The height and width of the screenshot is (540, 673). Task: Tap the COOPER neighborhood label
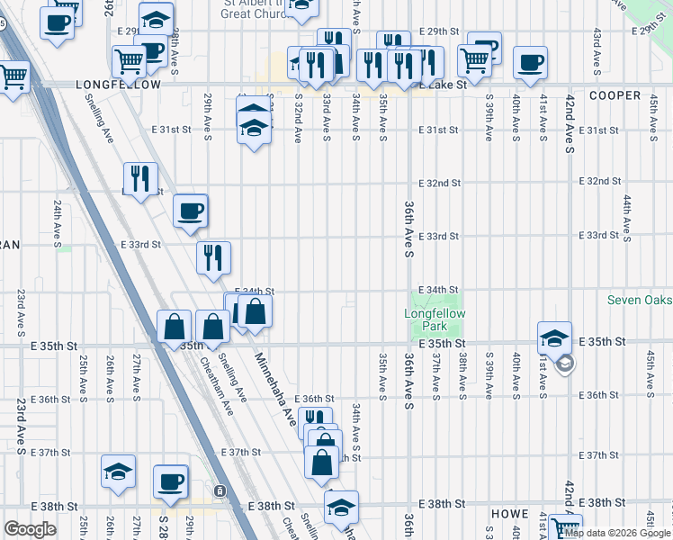point(615,95)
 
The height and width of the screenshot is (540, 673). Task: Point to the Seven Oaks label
point(639,300)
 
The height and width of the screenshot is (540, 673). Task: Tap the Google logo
point(30,530)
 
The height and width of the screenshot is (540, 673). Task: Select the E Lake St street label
point(441,85)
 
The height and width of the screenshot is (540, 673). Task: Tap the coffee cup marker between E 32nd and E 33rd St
point(191,211)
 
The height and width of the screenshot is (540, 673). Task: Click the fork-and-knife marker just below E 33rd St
point(213,258)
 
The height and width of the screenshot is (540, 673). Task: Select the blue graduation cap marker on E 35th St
point(554,338)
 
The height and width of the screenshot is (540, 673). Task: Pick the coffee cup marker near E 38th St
point(170,481)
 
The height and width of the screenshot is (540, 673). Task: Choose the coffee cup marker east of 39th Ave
point(530,63)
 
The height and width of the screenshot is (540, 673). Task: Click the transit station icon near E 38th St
point(219,491)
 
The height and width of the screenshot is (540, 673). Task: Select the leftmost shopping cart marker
point(12,77)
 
